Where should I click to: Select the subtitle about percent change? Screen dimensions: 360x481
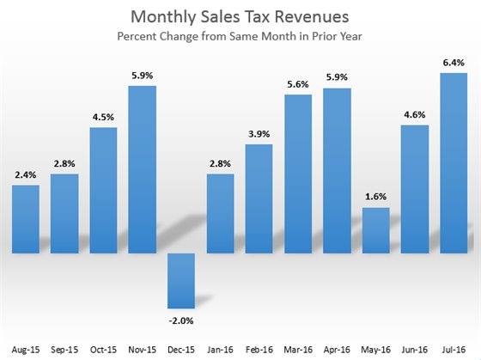240,39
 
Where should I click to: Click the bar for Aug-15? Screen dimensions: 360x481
26,218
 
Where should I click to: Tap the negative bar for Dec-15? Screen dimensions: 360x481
182,280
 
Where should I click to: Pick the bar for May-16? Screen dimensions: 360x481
377,230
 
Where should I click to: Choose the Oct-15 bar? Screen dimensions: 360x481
104,189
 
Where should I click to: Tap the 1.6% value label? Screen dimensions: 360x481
377,197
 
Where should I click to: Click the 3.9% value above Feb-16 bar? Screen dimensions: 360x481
259,133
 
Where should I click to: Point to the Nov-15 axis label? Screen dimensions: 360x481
143,351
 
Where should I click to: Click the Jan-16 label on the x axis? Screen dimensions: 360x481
221,351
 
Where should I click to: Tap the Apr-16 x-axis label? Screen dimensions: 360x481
338,351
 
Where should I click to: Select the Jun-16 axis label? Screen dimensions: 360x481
416,351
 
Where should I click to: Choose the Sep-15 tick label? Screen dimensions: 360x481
64,351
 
